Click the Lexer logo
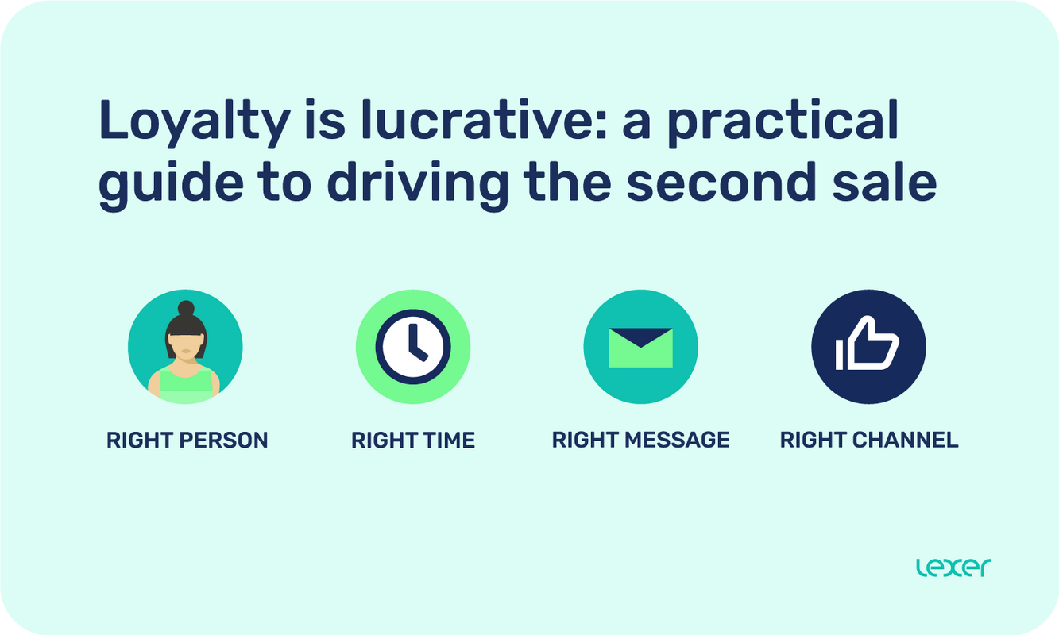(953, 568)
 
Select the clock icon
(413, 348)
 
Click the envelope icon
(640, 348)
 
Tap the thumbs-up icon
(868, 348)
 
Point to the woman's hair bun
(186, 308)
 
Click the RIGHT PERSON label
(187, 440)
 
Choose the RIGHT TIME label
(413, 440)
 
